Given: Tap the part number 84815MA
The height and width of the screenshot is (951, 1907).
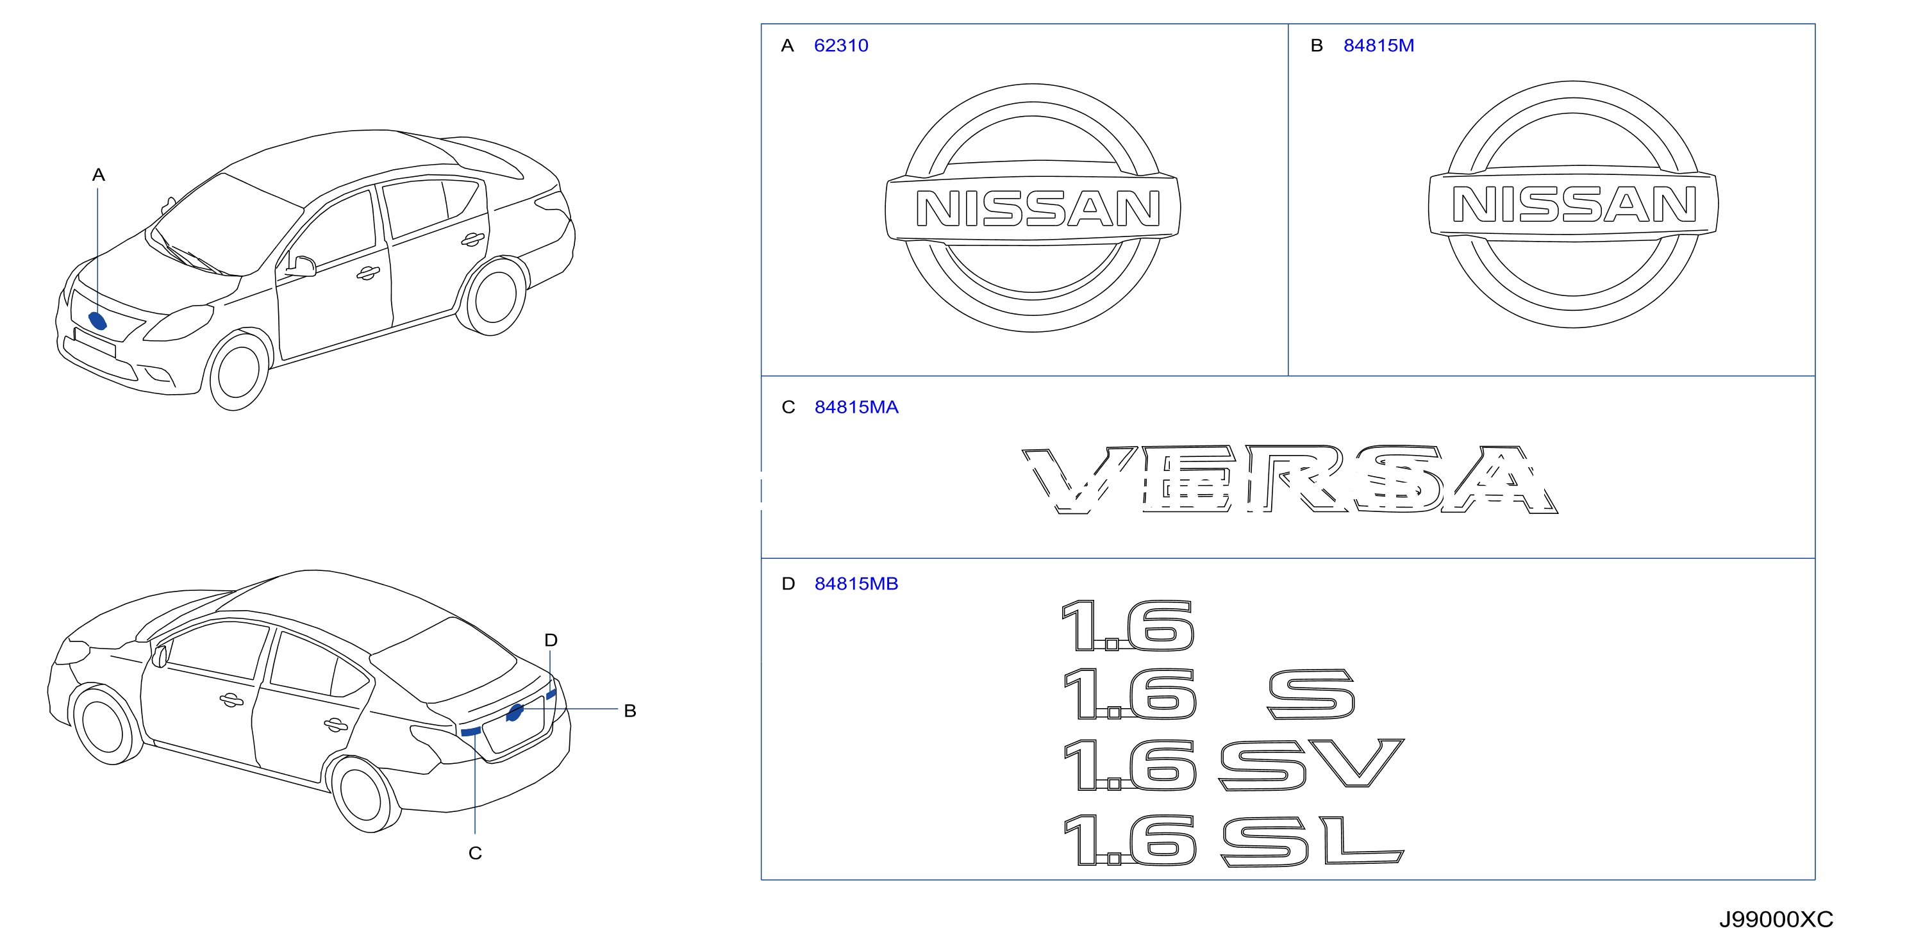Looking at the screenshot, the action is [856, 407].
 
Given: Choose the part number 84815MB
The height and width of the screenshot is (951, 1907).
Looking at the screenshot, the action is [856, 584].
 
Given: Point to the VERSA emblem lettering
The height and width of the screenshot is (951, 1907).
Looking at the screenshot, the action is [1290, 479].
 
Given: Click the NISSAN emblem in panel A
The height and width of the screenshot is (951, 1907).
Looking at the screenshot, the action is [1033, 208].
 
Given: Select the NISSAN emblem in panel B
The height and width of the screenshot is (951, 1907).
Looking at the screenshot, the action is [1573, 204].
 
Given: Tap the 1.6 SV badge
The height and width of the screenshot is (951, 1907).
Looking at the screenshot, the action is [1233, 765].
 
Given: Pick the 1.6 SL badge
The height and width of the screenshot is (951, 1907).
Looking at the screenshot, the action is [1233, 839].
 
